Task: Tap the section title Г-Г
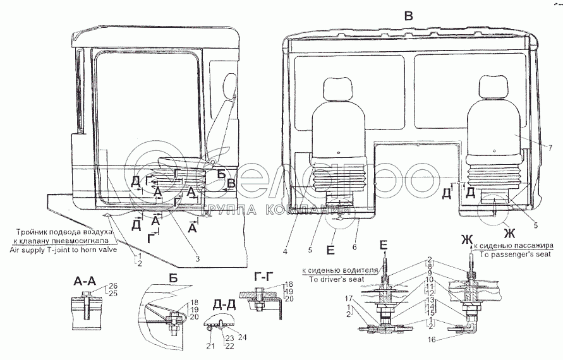tap(264, 277)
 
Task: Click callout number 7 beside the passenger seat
tap(533, 148)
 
